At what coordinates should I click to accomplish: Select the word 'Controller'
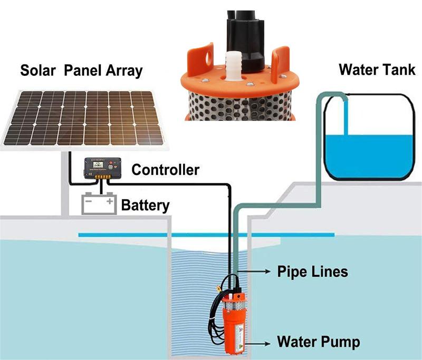tap(165, 170)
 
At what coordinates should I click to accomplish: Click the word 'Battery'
tap(145, 205)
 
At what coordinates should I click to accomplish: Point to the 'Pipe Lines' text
tap(313, 272)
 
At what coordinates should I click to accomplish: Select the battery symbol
tap(99, 204)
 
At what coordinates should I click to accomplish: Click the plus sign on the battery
tap(110, 201)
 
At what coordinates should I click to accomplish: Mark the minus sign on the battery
tap(89, 201)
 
